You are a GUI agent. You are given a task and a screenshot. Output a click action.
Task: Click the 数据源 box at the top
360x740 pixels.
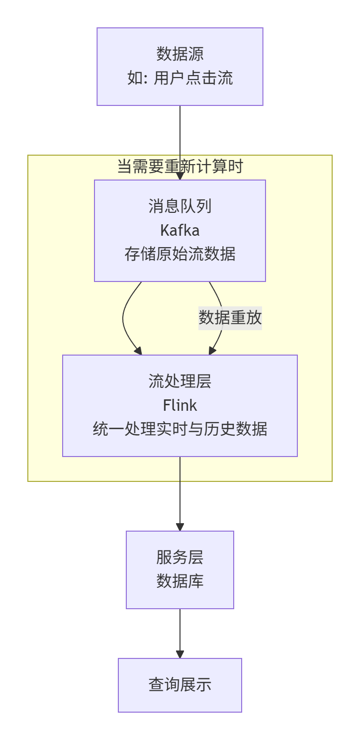tap(180, 67)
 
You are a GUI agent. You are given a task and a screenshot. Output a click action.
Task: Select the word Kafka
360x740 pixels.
tap(180, 230)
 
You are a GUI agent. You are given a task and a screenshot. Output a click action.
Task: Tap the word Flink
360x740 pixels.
tap(180, 405)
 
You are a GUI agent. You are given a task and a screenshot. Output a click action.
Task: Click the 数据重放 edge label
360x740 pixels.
tap(230, 317)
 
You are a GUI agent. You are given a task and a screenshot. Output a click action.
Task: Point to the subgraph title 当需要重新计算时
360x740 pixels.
tap(180, 166)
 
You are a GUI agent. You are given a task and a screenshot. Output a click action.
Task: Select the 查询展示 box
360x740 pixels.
tap(180, 685)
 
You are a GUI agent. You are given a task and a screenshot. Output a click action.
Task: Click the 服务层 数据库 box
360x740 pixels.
tap(180, 569)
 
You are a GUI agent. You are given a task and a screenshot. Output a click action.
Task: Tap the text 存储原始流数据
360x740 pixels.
tap(180, 254)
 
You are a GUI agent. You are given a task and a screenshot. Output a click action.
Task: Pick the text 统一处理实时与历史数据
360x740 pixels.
tap(180, 429)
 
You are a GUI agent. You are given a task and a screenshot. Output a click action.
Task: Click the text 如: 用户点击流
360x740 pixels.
tap(180, 78)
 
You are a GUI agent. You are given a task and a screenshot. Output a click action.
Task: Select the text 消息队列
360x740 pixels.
tap(180, 206)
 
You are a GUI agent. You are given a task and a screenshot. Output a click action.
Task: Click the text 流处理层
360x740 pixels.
tap(180, 381)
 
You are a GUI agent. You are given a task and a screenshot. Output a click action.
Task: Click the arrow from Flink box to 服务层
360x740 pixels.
tap(180, 492)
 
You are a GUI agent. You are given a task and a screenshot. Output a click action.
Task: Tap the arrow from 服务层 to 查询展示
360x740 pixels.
tap(180, 632)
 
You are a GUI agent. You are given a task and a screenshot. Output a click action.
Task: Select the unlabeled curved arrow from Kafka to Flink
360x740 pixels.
tap(124, 318)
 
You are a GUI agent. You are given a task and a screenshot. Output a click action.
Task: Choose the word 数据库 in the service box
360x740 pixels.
tap(180, 581)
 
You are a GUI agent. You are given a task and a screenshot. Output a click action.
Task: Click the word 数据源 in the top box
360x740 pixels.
tap(180, 54)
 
